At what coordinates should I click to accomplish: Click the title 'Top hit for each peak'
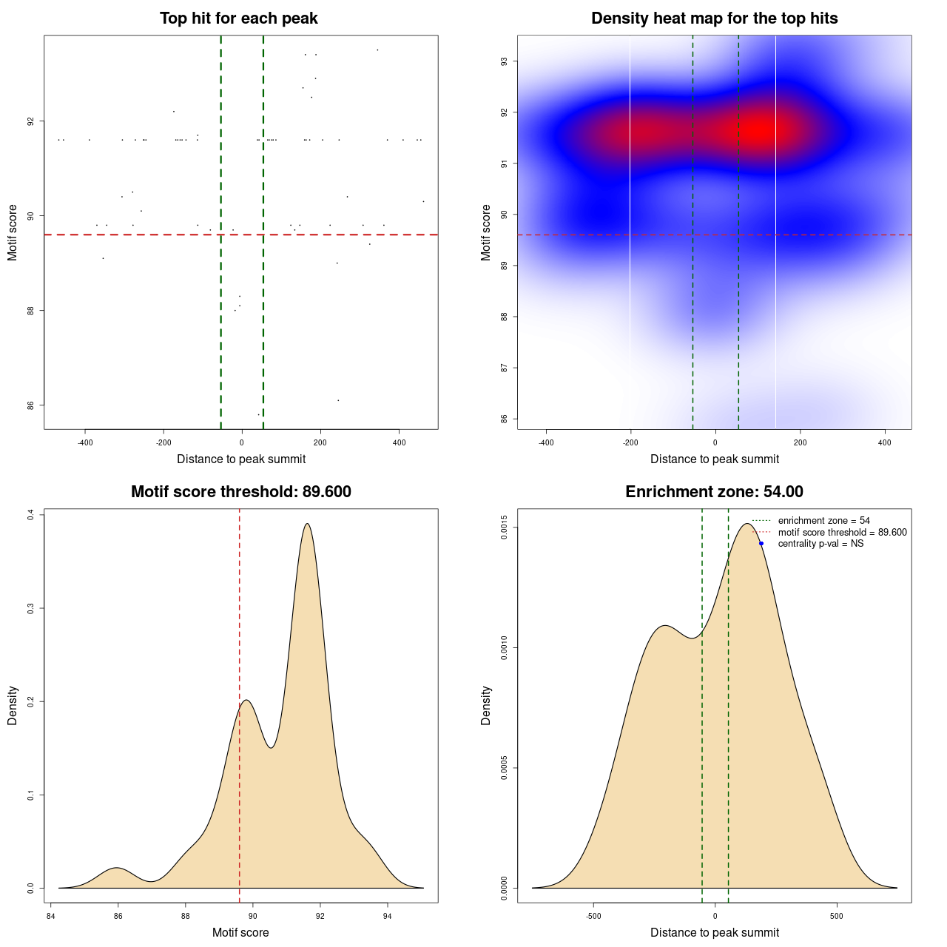[238, 18]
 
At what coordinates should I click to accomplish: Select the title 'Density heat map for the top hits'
[714, 18]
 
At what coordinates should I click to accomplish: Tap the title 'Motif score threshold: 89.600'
[240, 492]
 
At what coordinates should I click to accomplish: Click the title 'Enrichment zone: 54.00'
[714, 492]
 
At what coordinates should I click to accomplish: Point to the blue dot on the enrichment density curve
[761, 544]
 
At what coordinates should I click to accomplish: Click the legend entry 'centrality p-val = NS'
[820, 544]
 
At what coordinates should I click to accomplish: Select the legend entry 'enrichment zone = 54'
[823, 521]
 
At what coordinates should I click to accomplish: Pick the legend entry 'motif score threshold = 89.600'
[842, 533]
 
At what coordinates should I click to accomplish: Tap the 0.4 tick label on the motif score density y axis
[30, 514]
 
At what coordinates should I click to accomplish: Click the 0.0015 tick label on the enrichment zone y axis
[504, 528]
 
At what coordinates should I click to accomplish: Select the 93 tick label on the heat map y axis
[504, 61]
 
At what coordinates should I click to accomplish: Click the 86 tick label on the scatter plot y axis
[30, 405]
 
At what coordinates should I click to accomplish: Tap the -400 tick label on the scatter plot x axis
[85, 443]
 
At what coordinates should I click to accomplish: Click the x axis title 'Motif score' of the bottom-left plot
[240, 933]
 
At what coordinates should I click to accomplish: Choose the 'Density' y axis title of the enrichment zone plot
[486, 705]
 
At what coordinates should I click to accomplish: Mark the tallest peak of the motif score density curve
[306, 524]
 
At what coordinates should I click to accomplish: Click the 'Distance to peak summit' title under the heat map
[714, 459]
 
